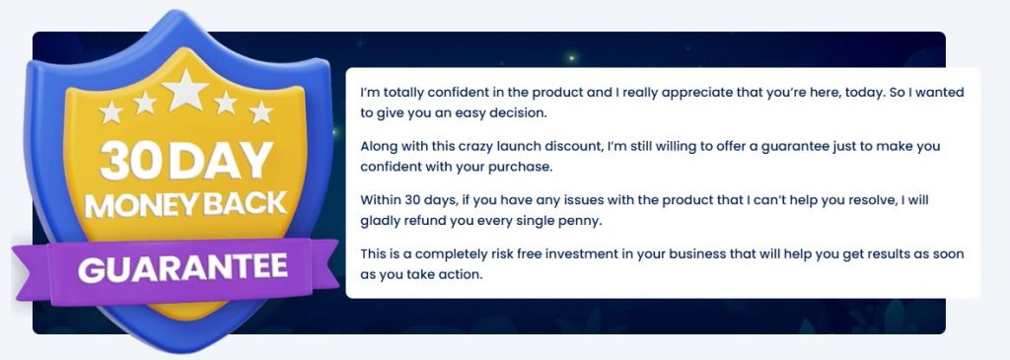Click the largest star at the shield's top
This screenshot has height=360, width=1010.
click(x=185, y=89)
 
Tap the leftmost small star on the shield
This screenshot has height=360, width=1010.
click(x=110, y=112)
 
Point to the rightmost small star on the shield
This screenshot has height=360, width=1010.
click(x=260, y=112)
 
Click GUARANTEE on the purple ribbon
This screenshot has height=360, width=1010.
click(x=182, y=267)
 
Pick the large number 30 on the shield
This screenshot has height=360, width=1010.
click(x=128, y=161)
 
